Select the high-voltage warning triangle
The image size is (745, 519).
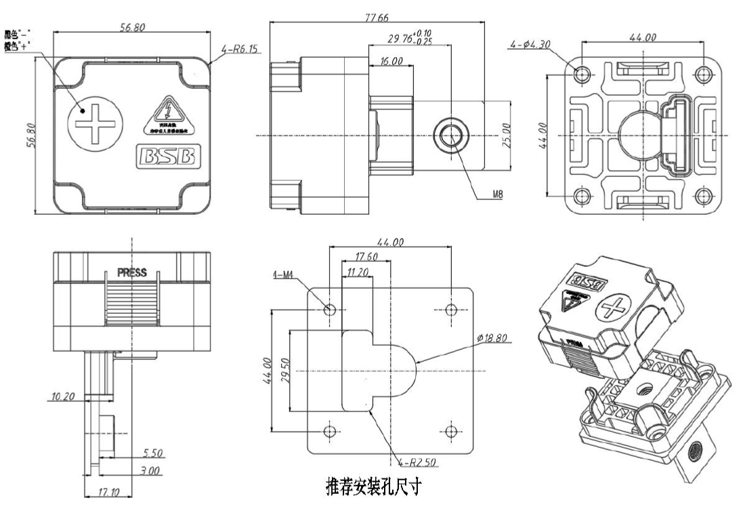pos(165,116)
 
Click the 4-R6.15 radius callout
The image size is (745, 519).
pos(238,49)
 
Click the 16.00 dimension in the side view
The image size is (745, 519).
pos(391,61)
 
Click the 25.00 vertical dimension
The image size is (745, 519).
pos(515,135)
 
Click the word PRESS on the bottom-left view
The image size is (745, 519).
pos(133,274)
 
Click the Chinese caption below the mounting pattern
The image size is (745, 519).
pos(373,487)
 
